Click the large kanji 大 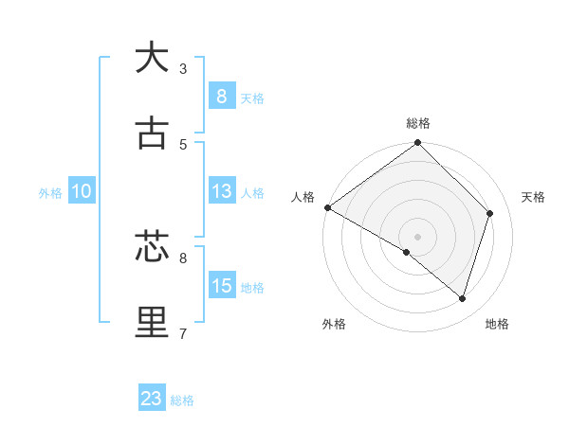[152, 58]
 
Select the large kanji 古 [152, 133]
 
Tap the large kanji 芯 [152, 247]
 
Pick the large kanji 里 [152, 323]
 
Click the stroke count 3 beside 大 [183, 68]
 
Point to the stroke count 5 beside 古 [183, 144]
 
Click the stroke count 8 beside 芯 [183, 258]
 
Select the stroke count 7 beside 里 [183, 333]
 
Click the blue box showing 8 [221, 96]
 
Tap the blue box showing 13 [221, 190]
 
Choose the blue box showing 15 [221, 285]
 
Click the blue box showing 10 [82, 191]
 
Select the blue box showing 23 [152, 399]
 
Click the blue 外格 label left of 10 [50, 192]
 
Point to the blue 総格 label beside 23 [183, 400]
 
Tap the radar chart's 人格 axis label [303, 197]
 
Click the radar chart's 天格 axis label [534, 197]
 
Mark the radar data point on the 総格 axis [418, 144]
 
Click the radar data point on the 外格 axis [407, 252]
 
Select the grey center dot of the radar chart [418, 236]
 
